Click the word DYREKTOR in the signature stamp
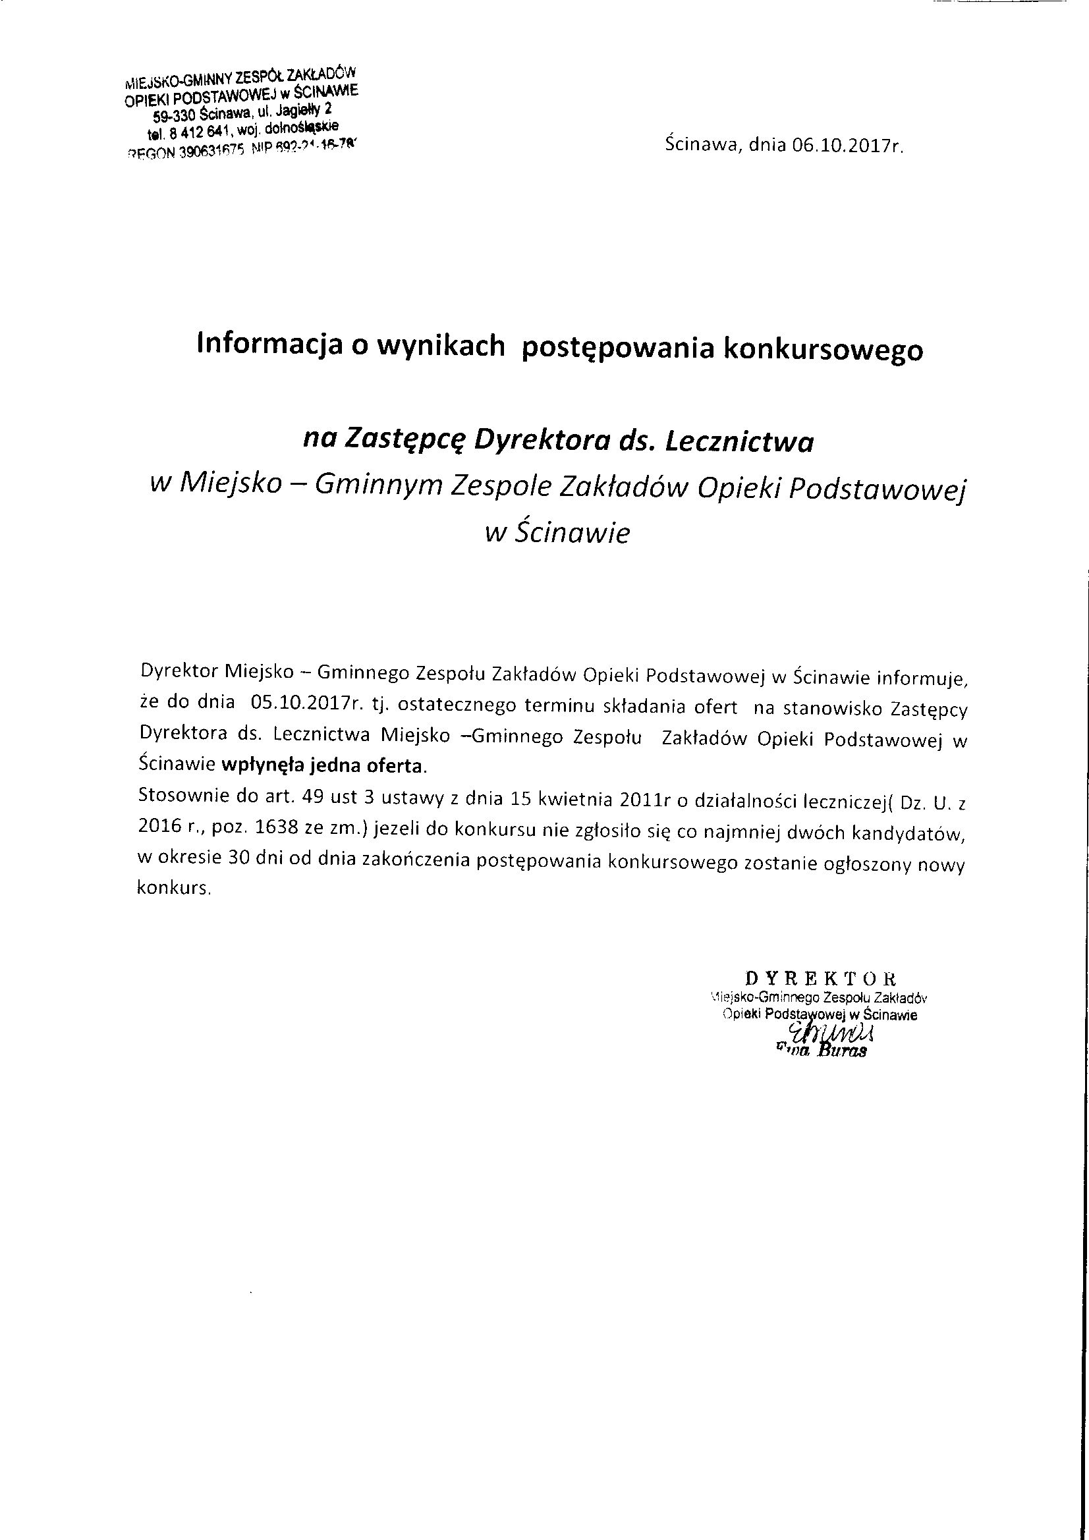pyautogui.click(x=821, y=976)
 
